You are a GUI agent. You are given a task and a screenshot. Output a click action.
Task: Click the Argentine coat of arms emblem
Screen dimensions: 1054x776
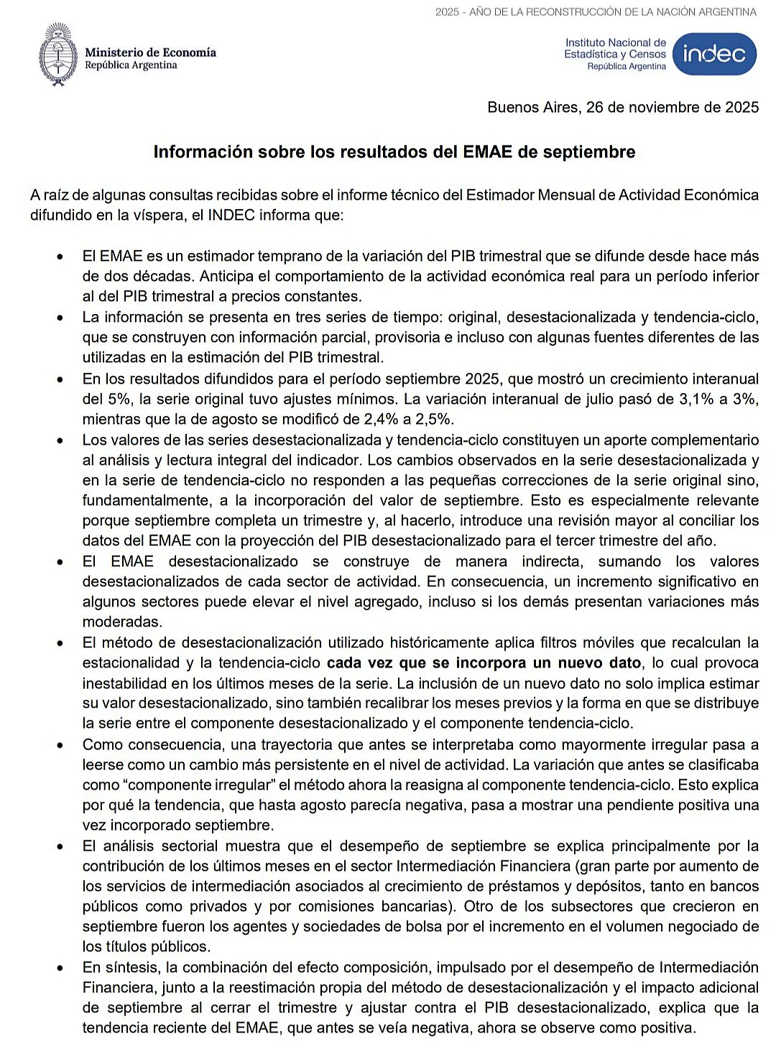[x=58, y=55]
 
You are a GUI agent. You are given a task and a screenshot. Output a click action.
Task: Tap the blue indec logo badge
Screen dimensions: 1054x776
[x=714, y=54]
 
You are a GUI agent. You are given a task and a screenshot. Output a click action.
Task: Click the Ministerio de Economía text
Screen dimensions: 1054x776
[x=150, y=52]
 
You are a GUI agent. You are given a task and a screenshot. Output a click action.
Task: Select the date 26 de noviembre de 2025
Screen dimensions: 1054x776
[x=672, y=107]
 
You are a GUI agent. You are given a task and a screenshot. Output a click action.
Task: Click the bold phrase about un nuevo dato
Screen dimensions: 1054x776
[x=484, y=662]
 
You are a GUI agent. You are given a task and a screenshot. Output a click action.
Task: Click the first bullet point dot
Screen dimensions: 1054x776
[x=60, y=256]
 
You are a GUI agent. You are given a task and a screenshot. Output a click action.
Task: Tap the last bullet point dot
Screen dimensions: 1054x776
[x=60, y=968]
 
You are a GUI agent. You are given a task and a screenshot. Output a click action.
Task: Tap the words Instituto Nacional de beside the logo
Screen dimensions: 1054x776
[x=615, y=43]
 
